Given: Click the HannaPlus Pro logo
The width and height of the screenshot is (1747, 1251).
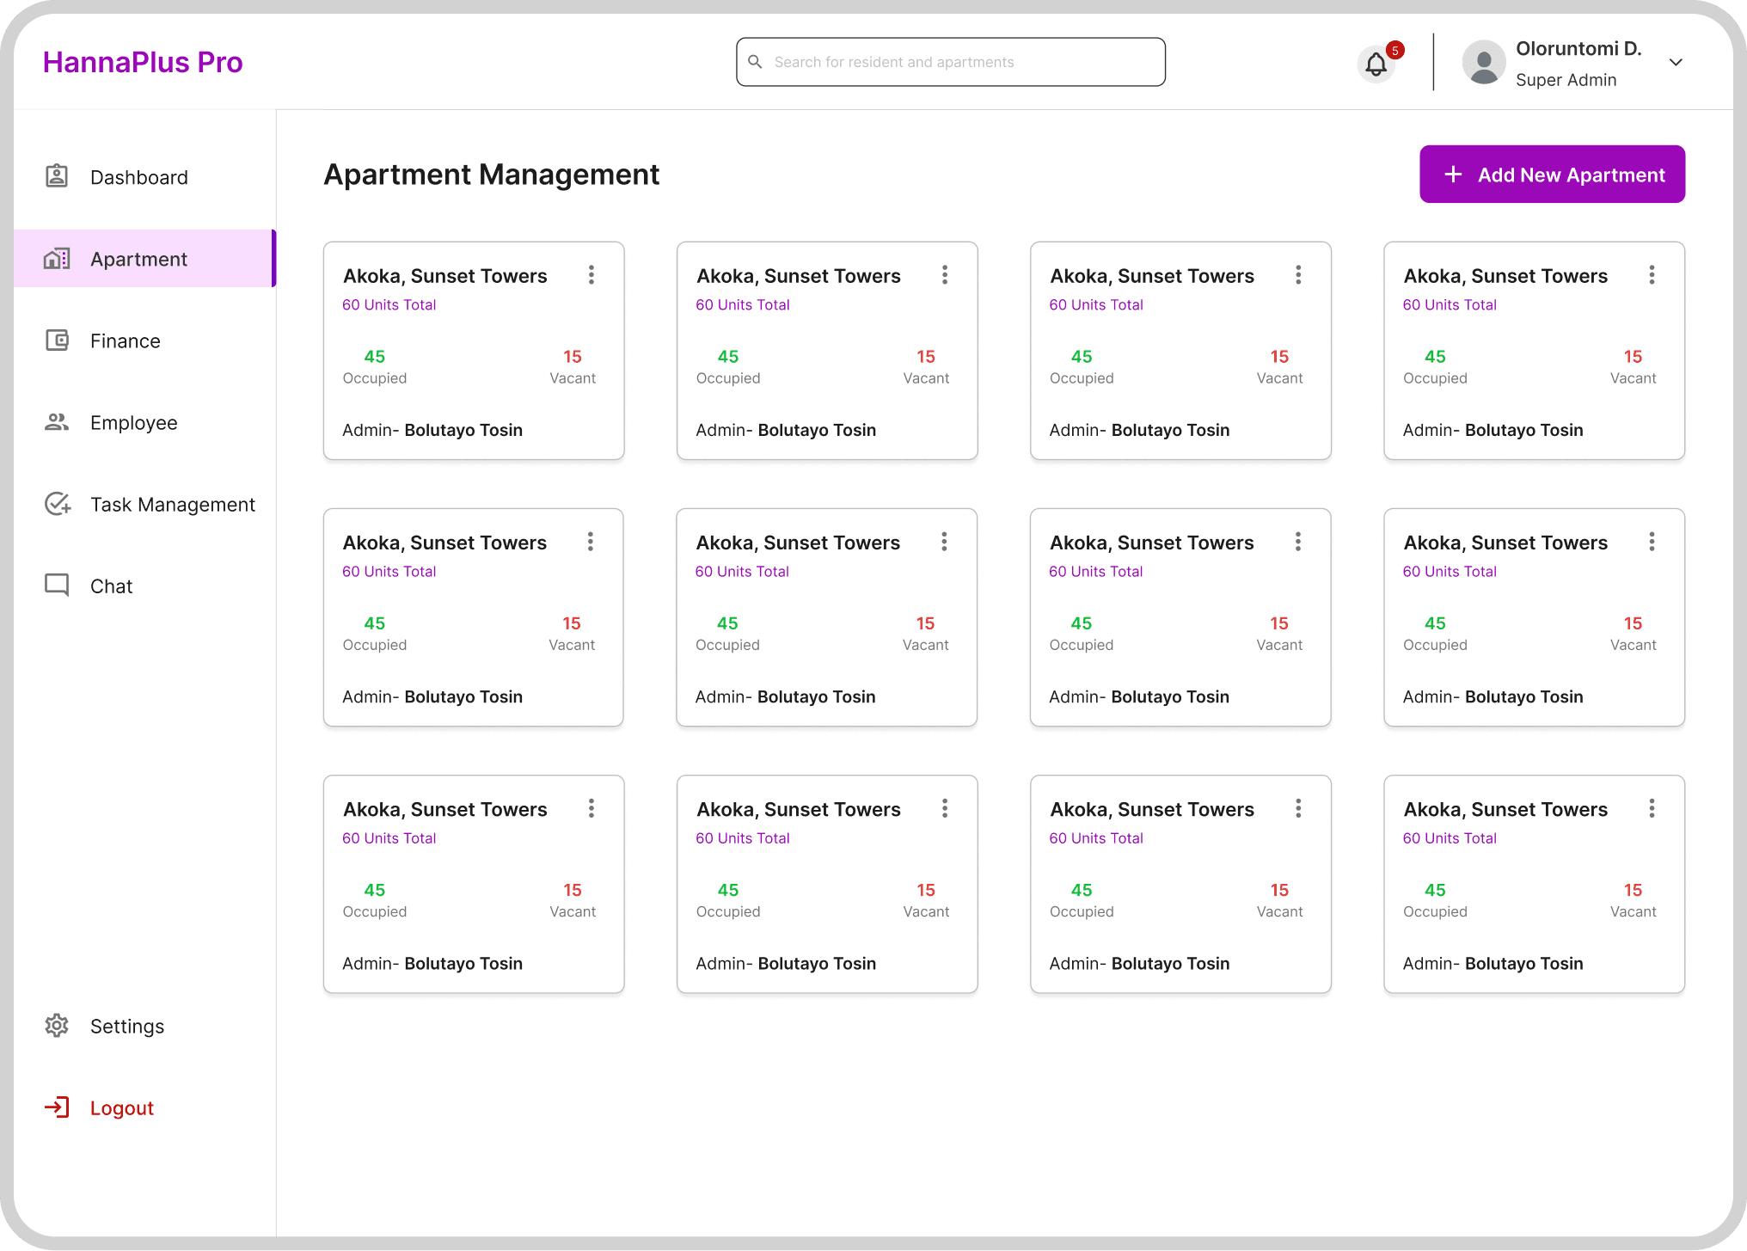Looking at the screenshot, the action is click(x=143, y=62).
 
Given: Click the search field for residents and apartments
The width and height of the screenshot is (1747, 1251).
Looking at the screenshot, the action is click(x=950, y=62).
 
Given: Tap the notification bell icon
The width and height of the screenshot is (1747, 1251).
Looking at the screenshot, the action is click(x=1376, y=64).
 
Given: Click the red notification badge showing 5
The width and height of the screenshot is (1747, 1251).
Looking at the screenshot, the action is click(x=1395, y=50).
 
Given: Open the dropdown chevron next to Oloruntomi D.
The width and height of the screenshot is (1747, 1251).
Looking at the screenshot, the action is click(x=1676, y=62).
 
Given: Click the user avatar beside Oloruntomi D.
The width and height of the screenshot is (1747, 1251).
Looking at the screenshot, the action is click(x=1484, y=63).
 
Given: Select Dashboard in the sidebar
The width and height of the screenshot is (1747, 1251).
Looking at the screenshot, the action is click(x=139, y=177).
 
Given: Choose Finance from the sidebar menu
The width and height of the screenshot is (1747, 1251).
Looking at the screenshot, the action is click(x=126, y=340).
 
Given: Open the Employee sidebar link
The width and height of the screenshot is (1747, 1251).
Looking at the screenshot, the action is click(x=134, y=422).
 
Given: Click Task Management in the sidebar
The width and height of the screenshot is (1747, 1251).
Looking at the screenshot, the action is click(x=173, y=504).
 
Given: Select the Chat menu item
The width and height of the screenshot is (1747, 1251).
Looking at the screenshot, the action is click(x=112, y=586).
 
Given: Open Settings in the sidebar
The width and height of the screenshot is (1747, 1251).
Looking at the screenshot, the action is click(x=127, y=1026).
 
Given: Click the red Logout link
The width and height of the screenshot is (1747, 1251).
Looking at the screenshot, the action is click(x=122, y=1107).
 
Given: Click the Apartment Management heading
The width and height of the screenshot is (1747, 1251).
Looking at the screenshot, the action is click(x=492, y=175).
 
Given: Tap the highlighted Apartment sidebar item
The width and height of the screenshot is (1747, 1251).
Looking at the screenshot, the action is click(x=144, y=258).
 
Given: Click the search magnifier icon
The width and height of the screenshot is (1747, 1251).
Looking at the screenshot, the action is click(x=755, y=62).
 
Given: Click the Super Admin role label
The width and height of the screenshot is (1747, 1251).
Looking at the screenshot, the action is click(x=1566, y=80).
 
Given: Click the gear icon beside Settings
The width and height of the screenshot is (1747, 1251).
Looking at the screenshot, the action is click(x=57, y=1025).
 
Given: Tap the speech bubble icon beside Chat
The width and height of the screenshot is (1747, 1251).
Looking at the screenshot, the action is click(x=57, y=586).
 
